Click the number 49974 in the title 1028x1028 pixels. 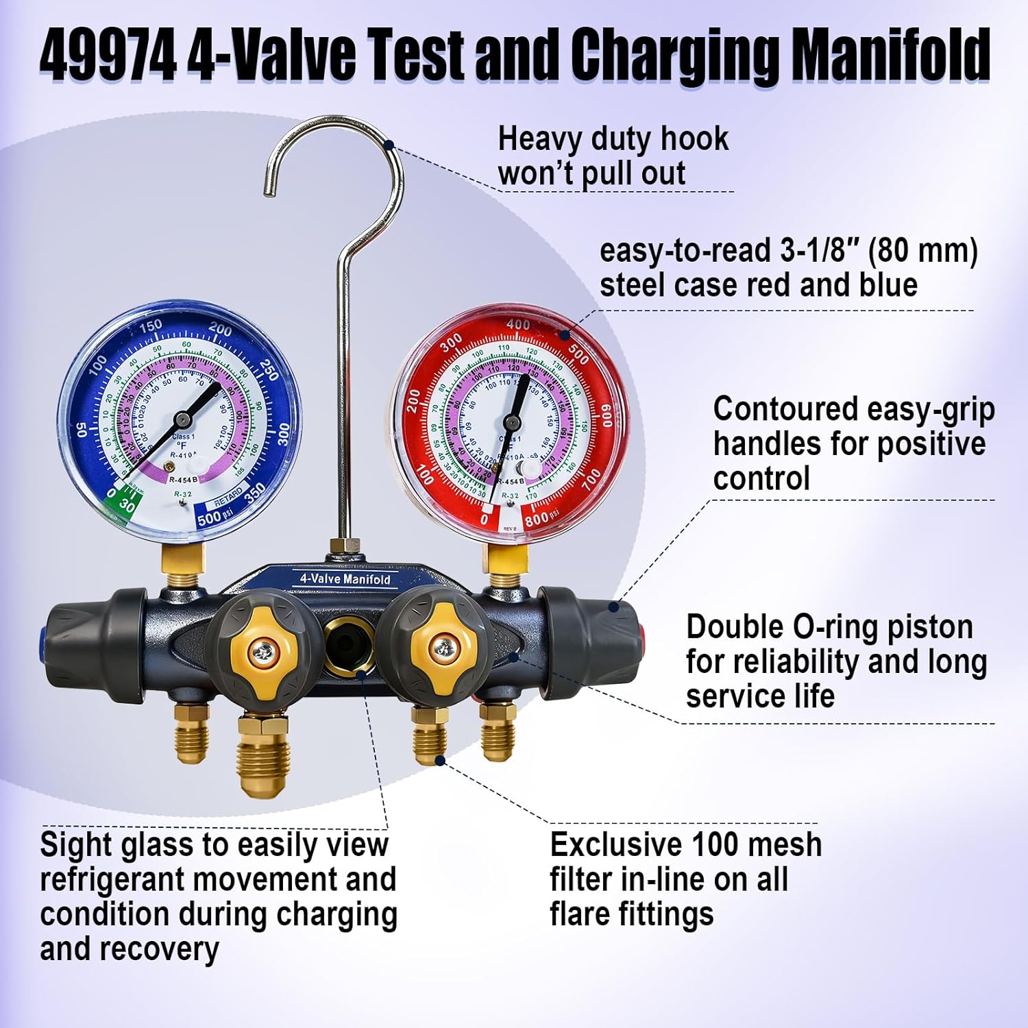pyautogui.click(x=108, y=55)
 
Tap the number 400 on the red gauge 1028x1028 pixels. pyautogui.click(x=517, y=325)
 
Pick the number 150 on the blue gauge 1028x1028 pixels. pyautogui.click(x=149, y=326)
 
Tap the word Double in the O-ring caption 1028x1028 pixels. pyautogui.click(x=733, y=627)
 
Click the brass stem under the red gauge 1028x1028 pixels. pyautogui.click(x=507, y=559)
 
